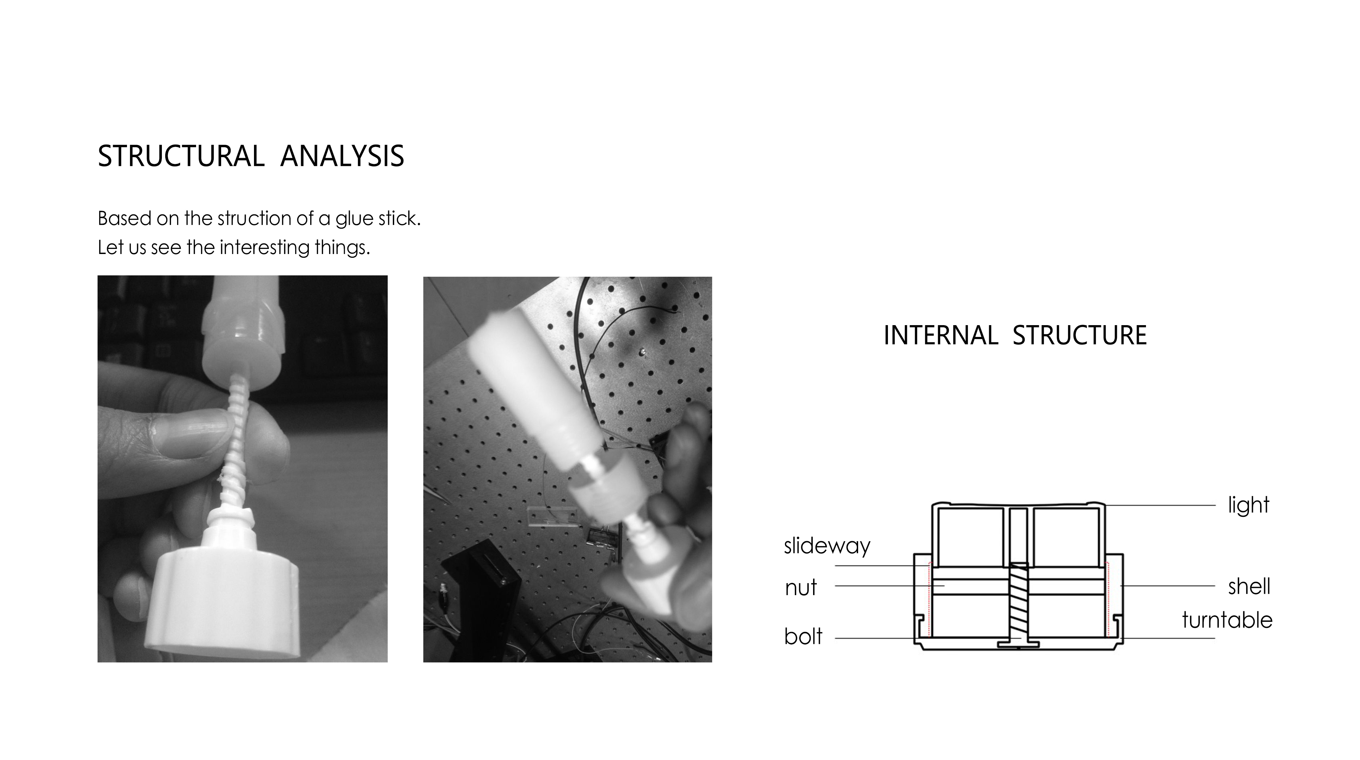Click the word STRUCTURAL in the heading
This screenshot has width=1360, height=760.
pos(180,156)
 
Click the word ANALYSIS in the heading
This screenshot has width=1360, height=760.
pos(342,156)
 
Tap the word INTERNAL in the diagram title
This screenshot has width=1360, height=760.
pos(940,335)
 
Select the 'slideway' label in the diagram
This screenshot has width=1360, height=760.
pos(827,546)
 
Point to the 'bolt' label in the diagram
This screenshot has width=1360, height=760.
pos(803,636)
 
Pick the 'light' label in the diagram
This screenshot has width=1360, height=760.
pos(1248,505)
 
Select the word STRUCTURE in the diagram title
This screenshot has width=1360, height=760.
pos(1080,335)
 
